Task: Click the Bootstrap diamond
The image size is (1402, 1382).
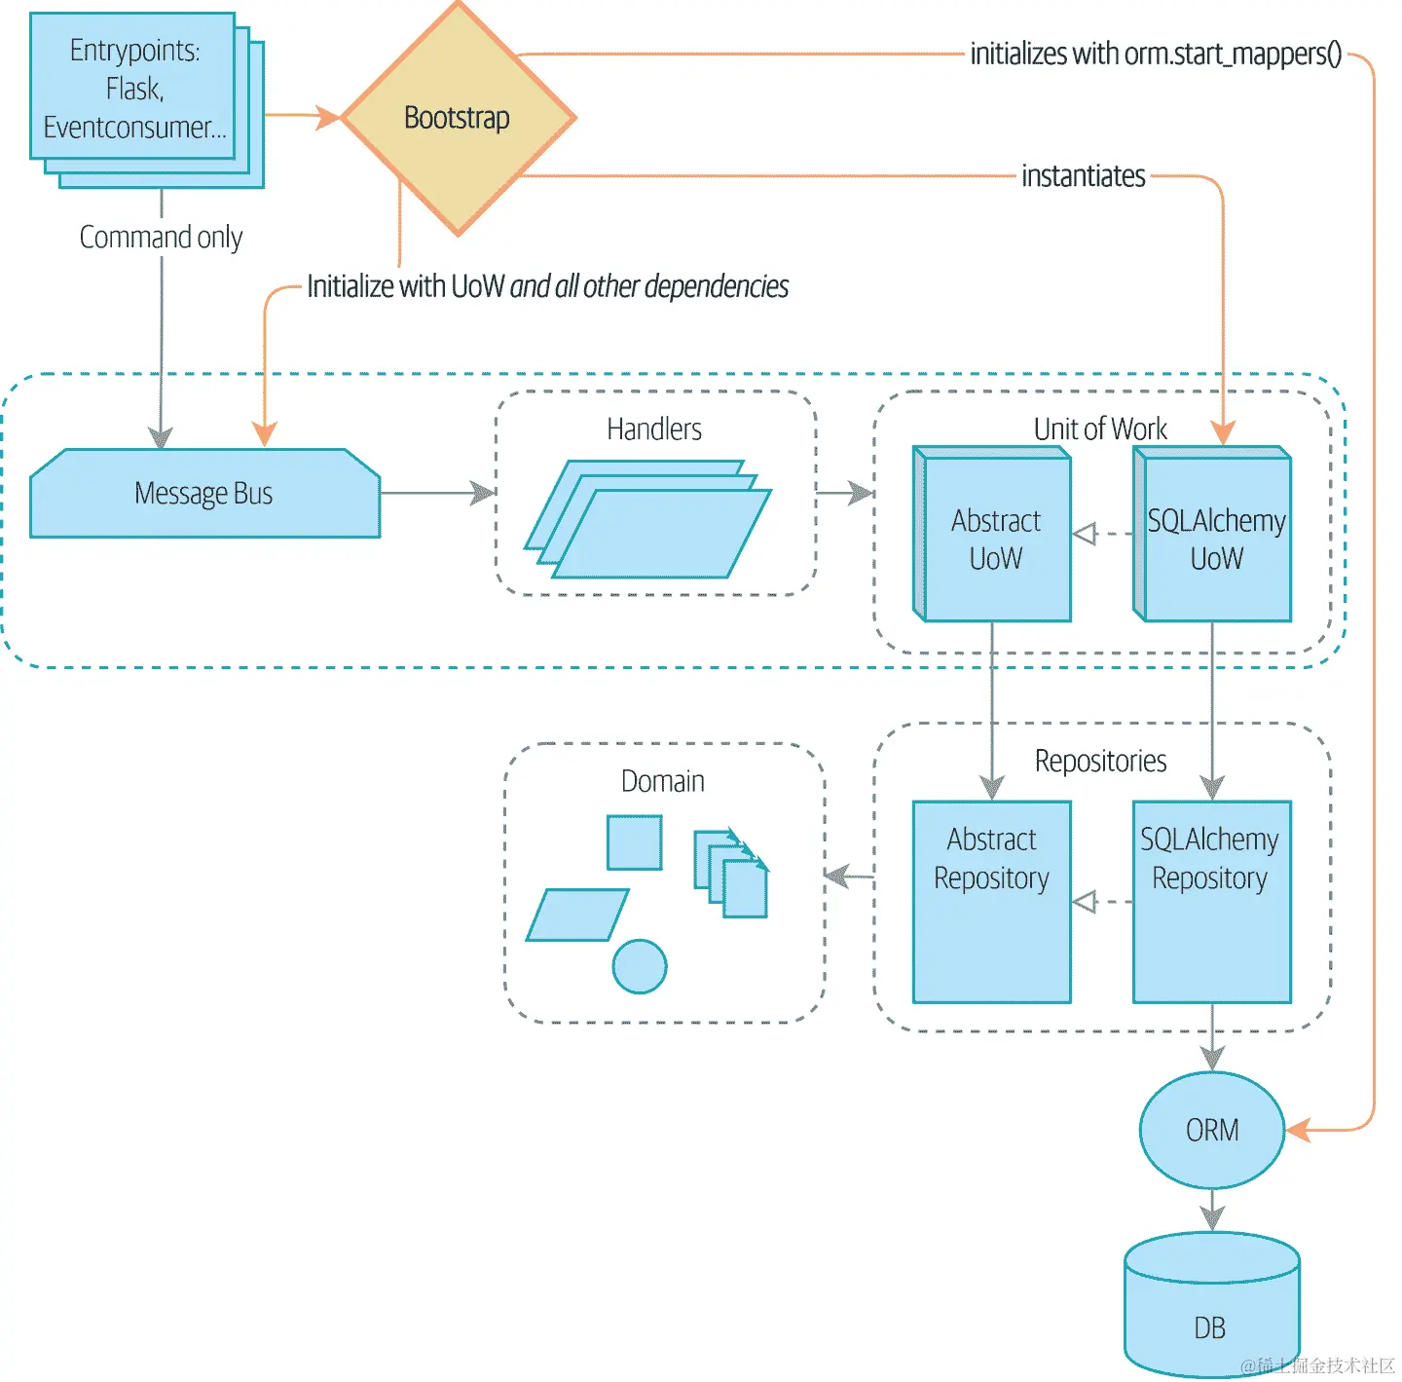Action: tap(458, 118)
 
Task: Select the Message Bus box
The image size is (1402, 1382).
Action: tap(204, 494)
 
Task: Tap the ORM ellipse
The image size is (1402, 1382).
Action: tap(1212, 1130)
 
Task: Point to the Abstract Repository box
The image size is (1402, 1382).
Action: tap(992, 902)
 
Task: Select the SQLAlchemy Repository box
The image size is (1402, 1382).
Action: tap(1211, 902)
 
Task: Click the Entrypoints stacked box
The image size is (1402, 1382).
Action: tap(134, 90)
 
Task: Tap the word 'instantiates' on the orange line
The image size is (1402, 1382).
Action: tap(1084, 176)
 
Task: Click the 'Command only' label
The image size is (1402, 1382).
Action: tap(161, 238)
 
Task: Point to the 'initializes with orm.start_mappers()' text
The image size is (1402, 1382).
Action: tap(1156, 54)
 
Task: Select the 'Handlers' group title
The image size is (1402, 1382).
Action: tap(654, 429)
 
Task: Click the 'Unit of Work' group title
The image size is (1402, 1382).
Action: tap(1100, 429)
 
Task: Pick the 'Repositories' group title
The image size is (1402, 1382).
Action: tap(1100, 761)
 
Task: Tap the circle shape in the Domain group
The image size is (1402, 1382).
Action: tap(640, 966)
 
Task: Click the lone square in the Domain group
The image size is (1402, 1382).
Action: tap(635, 842)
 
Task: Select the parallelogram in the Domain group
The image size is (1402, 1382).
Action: tap(577, 915)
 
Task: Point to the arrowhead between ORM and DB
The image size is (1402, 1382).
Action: tap(1212, 1217)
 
